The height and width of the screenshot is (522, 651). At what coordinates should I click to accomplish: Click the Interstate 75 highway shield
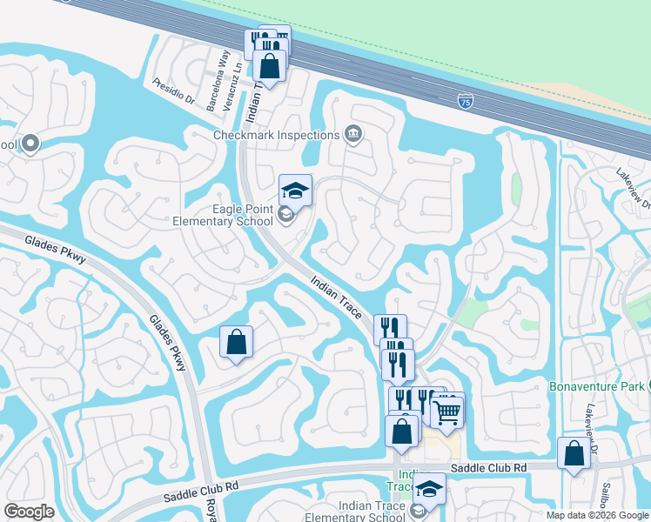[466, 101]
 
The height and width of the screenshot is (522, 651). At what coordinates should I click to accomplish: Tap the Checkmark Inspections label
[276, 135]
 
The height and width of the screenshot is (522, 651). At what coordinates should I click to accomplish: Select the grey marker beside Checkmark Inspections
[353, 134]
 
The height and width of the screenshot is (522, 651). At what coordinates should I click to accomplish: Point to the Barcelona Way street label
[217, 80]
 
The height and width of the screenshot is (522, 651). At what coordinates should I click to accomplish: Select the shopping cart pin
[447, 411]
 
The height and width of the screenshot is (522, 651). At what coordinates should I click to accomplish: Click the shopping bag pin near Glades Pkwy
[236, 343]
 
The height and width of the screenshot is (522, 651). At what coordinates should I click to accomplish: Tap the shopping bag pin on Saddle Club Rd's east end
[574, 453]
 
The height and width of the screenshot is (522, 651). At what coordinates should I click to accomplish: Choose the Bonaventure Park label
[595, 385]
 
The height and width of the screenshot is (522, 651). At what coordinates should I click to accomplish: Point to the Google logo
[30, 511]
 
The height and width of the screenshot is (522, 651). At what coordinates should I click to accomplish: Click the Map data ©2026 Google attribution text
[597, 514]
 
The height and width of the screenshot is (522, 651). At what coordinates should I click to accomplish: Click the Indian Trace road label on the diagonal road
[337, 297]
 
